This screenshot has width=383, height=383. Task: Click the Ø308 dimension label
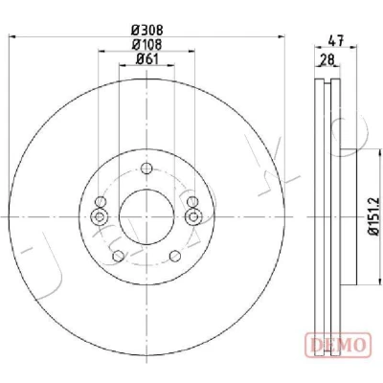pyautogui.click(x=147, y=31)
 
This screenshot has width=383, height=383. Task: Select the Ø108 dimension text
pyautogui.click(x=147, y=44)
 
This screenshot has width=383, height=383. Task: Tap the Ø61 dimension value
pyautogui.click(x=147, y=58)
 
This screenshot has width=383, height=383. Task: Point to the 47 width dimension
pyautogui.click(x=336, y=41)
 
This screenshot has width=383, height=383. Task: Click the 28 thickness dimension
pyautogui.click(x=327, y=59)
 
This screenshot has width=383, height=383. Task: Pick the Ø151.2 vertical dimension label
pyautogui.click(x=372, y=216)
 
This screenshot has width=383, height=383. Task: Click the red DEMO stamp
pyautogui.click(x=338, y=345)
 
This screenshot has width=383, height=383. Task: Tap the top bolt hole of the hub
pyautogui.click(x=146, y=168)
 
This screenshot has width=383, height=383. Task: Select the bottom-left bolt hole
pyautogui.click(x=119, y=256)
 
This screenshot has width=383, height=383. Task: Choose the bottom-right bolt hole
pyautogui.click(x=175, y=256)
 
